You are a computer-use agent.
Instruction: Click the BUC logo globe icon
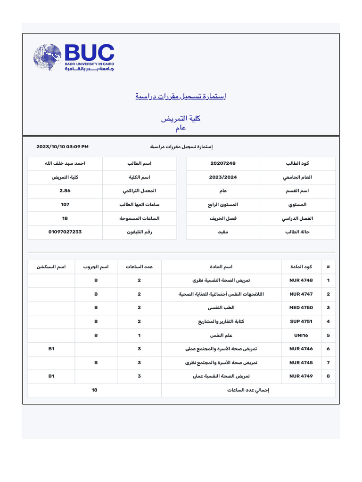[x=48, y=57]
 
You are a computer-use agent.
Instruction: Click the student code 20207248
[x=223, y=163]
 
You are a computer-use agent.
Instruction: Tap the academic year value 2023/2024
[x=223, y=177]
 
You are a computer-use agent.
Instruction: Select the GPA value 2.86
[x=65, y=191]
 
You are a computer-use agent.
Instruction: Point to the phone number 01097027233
[x=65, y=232]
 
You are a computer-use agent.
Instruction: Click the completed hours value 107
[x=65, y=205]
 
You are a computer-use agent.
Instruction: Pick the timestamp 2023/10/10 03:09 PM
[x=62, y=147]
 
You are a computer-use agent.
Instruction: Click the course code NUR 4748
[x=301, y=281]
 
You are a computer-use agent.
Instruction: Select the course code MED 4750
[x=301, y=308]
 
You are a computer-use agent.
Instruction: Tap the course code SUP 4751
[x=301, y=322]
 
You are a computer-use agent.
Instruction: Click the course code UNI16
[x=301, y=336]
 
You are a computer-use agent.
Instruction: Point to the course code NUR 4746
[x=301, y=349]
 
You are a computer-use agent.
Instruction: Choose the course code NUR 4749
[x=301, y=377]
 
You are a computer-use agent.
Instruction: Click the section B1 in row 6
[x=51, y=349]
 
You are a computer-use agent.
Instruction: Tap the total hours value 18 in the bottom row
[x=95, y=390]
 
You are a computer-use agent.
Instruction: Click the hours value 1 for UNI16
[x=139, y=336]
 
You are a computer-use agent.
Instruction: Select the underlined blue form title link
[x=181, y=96]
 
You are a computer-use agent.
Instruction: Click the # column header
[x=328, y=267]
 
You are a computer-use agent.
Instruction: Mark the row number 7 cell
[x=328, y=363]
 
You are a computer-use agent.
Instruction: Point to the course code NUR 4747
[x=301, y=294]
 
